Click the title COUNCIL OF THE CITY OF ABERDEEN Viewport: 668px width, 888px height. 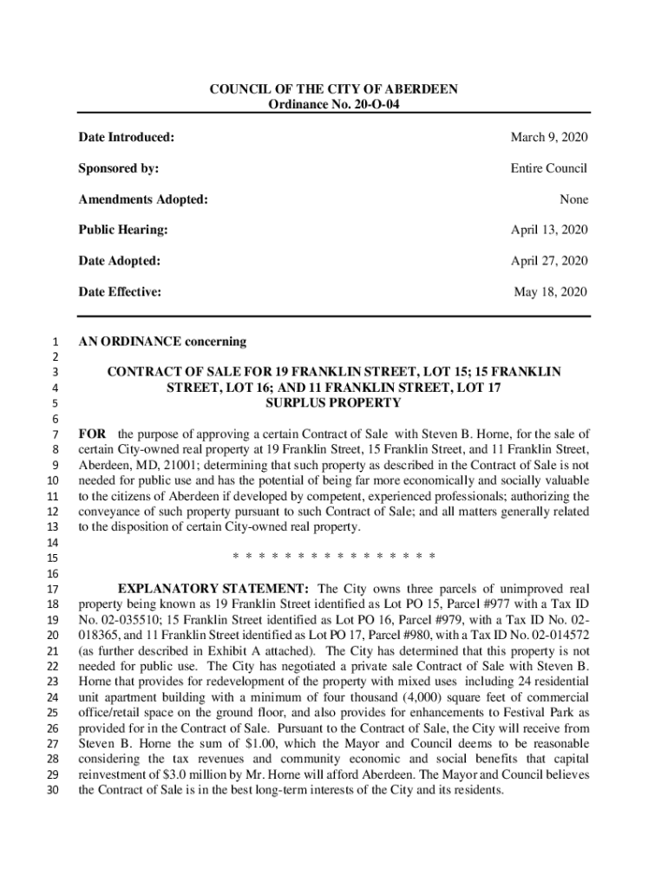pos(333,90)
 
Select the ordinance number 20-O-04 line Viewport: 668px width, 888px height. pos(333,105)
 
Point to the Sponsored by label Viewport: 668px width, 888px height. pos(118,168)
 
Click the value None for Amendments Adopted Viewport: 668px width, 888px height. pos(573,199)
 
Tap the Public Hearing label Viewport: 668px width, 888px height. pos(122,230)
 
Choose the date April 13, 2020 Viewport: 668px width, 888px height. pos(549,230)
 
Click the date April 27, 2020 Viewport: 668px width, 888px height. pos(549,261)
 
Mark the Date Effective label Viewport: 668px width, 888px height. pos(120,292)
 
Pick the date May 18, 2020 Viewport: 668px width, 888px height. pos(551,292)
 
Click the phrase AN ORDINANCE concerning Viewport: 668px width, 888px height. pos(162,342)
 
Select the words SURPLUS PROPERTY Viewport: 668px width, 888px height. pos(333,403)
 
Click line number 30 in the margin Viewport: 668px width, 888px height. pos(49,791)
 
